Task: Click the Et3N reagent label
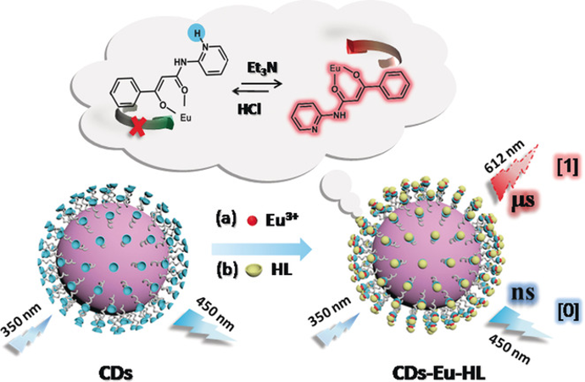(x=262, y=68)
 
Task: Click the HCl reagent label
(x=249, y=109)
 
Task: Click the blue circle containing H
(x=197, y=34)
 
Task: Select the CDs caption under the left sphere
(x=115, y=373)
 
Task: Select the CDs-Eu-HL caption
(x=438, y=373)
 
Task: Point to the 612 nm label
(x=504, y=157)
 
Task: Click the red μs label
(x=523, y=200)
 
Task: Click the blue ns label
(x=522, y=293)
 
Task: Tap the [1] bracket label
(x=567, y=166)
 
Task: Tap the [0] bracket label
(x=568, y=311)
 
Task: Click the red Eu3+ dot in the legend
(x=252, y=221)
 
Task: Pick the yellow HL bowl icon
(x=253, y=269)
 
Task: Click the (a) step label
(x=227, y=219)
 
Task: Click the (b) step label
(x=227, y=269)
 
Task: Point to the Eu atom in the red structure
(x=336, y=69)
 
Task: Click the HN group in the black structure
(x=181, y=63)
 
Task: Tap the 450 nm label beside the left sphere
(x=215, y=313)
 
